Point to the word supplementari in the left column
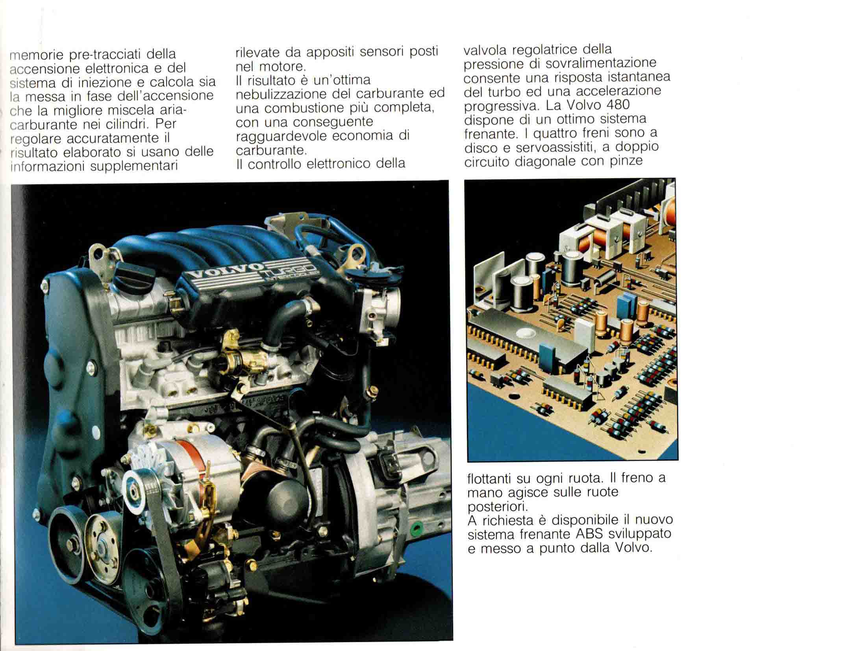[x=134, y=166]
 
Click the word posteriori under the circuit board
[x=497, y=507]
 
